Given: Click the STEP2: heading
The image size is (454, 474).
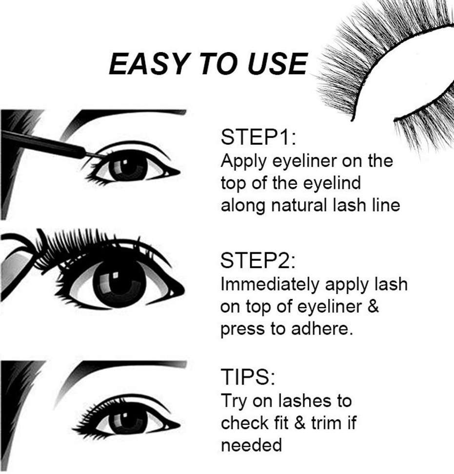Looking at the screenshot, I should tap(258, 261).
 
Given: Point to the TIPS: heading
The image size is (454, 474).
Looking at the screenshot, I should tap(248, 377).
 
